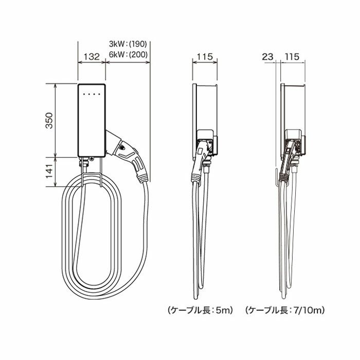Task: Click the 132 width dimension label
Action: [x=92, y=57]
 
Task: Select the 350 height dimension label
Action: [x=49, y=120]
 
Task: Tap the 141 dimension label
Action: [x=49, y=171]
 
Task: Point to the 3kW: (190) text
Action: [x=128, y=44]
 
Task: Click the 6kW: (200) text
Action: [x=128, y=55]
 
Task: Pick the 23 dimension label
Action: [x=268, y=57]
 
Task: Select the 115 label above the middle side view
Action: [x=205, y=57]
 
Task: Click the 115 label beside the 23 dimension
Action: [x=292, y=57]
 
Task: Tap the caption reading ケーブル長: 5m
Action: [x=201, y=311]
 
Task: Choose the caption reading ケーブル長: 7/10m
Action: [x=285, y=311]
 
